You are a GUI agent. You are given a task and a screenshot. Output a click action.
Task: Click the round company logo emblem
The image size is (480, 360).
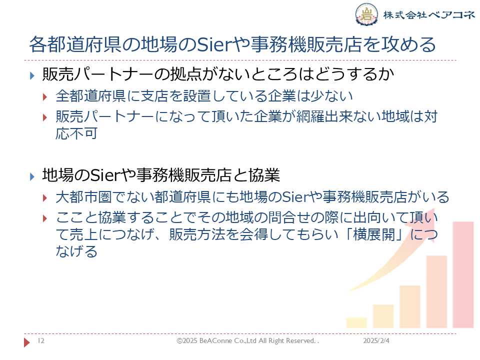pos(366,14)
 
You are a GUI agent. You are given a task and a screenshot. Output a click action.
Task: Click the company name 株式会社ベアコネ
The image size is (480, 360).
pos(429,14)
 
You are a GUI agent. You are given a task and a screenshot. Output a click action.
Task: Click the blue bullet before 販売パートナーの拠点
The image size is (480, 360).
pos(32,75)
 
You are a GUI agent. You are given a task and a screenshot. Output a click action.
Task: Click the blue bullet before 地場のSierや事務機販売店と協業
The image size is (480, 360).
pos(32,176)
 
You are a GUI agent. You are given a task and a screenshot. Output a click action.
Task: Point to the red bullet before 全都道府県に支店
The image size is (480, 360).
pos(45,97)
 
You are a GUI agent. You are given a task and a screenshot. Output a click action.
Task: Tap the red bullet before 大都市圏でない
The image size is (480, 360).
pos(45,198)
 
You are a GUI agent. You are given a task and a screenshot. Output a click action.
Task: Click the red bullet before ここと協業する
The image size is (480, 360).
pos(45,218)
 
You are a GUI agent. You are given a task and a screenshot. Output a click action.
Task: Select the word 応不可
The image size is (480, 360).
pos(76,133)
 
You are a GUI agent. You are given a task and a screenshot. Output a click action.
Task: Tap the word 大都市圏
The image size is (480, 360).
pos(83,197)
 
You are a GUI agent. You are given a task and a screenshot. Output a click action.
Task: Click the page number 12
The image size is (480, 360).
pos(41,340)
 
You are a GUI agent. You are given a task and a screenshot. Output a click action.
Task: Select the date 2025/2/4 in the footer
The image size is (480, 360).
pos(376,340)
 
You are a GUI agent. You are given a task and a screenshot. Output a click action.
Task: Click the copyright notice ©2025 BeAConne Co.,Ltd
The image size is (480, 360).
pos(216,340)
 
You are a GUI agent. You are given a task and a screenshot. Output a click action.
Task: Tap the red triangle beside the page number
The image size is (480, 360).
pos(27,342)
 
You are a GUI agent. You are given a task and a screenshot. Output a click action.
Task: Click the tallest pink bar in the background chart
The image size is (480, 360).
pos(463,274)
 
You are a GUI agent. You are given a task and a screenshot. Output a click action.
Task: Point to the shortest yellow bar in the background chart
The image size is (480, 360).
pos(356,322)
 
